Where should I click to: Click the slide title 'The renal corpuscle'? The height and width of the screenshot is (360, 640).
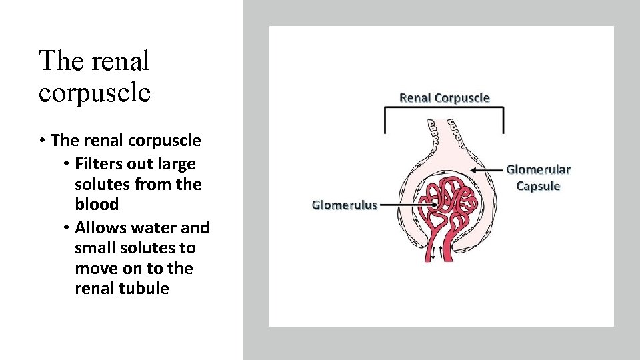[95, 76]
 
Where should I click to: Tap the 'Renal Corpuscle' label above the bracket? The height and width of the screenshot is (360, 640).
[444, 98]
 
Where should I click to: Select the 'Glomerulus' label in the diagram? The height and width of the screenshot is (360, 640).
[345, 205]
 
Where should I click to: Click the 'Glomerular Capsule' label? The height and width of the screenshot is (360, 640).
[539, 178]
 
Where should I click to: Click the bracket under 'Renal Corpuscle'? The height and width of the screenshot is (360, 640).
[444, 113]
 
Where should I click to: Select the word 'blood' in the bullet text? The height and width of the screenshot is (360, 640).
[97, 204]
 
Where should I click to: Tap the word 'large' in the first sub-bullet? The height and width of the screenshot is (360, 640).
[175, 163]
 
